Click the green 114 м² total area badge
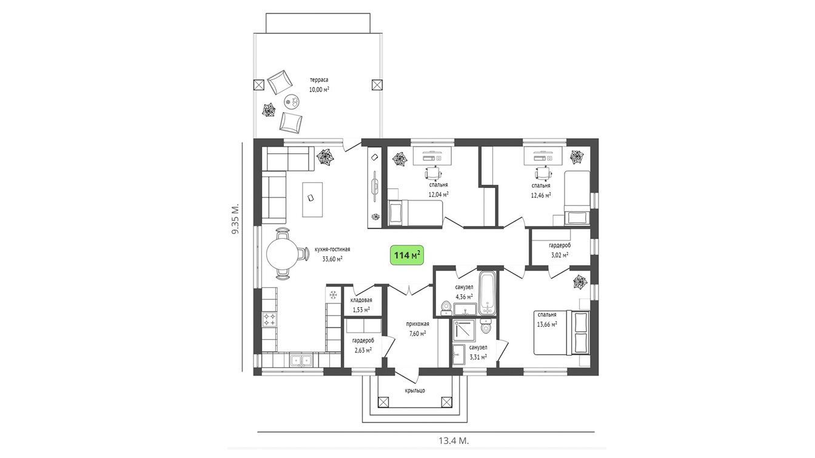(x=407, y=255)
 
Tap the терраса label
(x=319, y=79)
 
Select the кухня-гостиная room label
(x=332, y=250)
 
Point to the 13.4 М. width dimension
(x=454, y=441)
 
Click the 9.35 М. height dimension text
(x=235, y=219)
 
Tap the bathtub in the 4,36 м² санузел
(x=487, y=293)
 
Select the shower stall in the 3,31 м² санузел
(x=463, y=330)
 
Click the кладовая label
(x=361, y=300)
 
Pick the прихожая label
(x=418, y=324)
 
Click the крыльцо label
(x=415, y=391)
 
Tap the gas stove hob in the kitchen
(x=269, y=320)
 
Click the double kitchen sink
(x=301, y=360)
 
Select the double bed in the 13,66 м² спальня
(x=562, y=333)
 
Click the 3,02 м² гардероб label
(x=560, y=246)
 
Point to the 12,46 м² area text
(x=541, y=195)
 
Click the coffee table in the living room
(x=312, y=199)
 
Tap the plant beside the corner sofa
(x=325, y=157)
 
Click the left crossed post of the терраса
(x=258, y=85)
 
